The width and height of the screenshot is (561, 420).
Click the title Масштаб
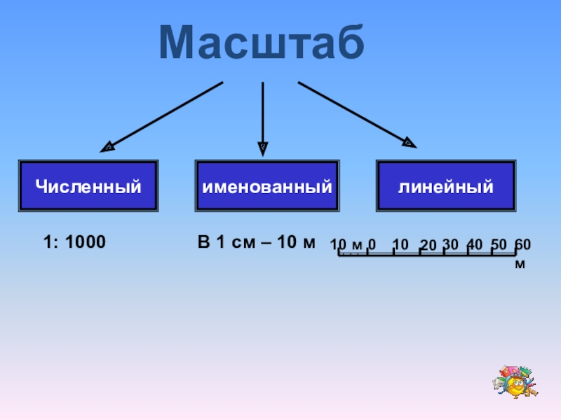(x=262, y=43)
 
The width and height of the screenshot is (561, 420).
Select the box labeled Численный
(x=88, y=187)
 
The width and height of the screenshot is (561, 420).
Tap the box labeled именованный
(x=267, y=187)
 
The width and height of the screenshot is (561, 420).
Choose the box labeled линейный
(x=446, y=187)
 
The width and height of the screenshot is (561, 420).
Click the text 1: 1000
(x=74, y=243)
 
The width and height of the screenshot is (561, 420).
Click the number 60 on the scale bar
(x=522, y=244)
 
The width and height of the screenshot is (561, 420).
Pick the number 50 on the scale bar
(x=499, y=244)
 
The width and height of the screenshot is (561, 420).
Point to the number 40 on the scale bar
(x=475, y=244)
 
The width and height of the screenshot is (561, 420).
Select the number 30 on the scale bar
(x=451, y=244)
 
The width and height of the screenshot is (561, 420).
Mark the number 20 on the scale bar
(x=428, y=244)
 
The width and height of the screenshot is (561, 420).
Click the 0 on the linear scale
(x=372, y=244)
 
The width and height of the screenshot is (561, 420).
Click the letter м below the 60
(x=520, y=265)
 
